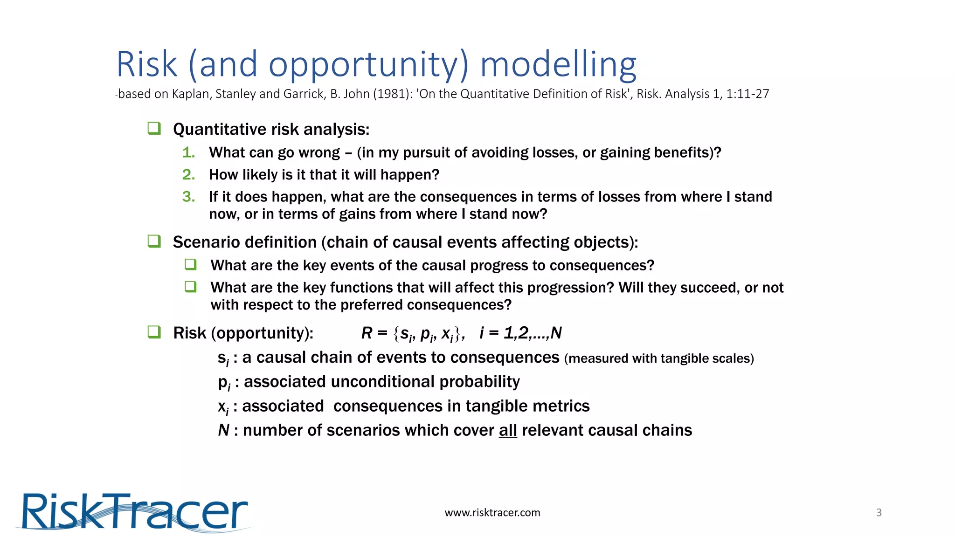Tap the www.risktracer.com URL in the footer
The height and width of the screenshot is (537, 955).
(x=492, y=513)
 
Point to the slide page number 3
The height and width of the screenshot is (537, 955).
(x=879, y=513)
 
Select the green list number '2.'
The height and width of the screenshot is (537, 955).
(x=188, y=175)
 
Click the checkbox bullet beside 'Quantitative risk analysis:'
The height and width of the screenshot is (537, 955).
(x=154, y=128)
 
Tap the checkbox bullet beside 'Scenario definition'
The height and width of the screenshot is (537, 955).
(x=154, y=241)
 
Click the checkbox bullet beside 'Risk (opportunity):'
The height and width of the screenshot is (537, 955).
(x=154, y=332)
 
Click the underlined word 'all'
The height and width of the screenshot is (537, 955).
(x=508, y=430)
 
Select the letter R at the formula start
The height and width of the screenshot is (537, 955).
(x=367, y=333)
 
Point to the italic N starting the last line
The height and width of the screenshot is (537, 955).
(x=223, y=430)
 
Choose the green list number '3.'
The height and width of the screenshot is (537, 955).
(x=188, y=197)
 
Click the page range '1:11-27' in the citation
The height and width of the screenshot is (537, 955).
(x=747, y=94)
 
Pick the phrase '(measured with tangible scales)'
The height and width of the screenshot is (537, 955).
(x=658, y=358)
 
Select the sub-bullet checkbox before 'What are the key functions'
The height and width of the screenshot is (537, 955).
(x=190, y=286)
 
